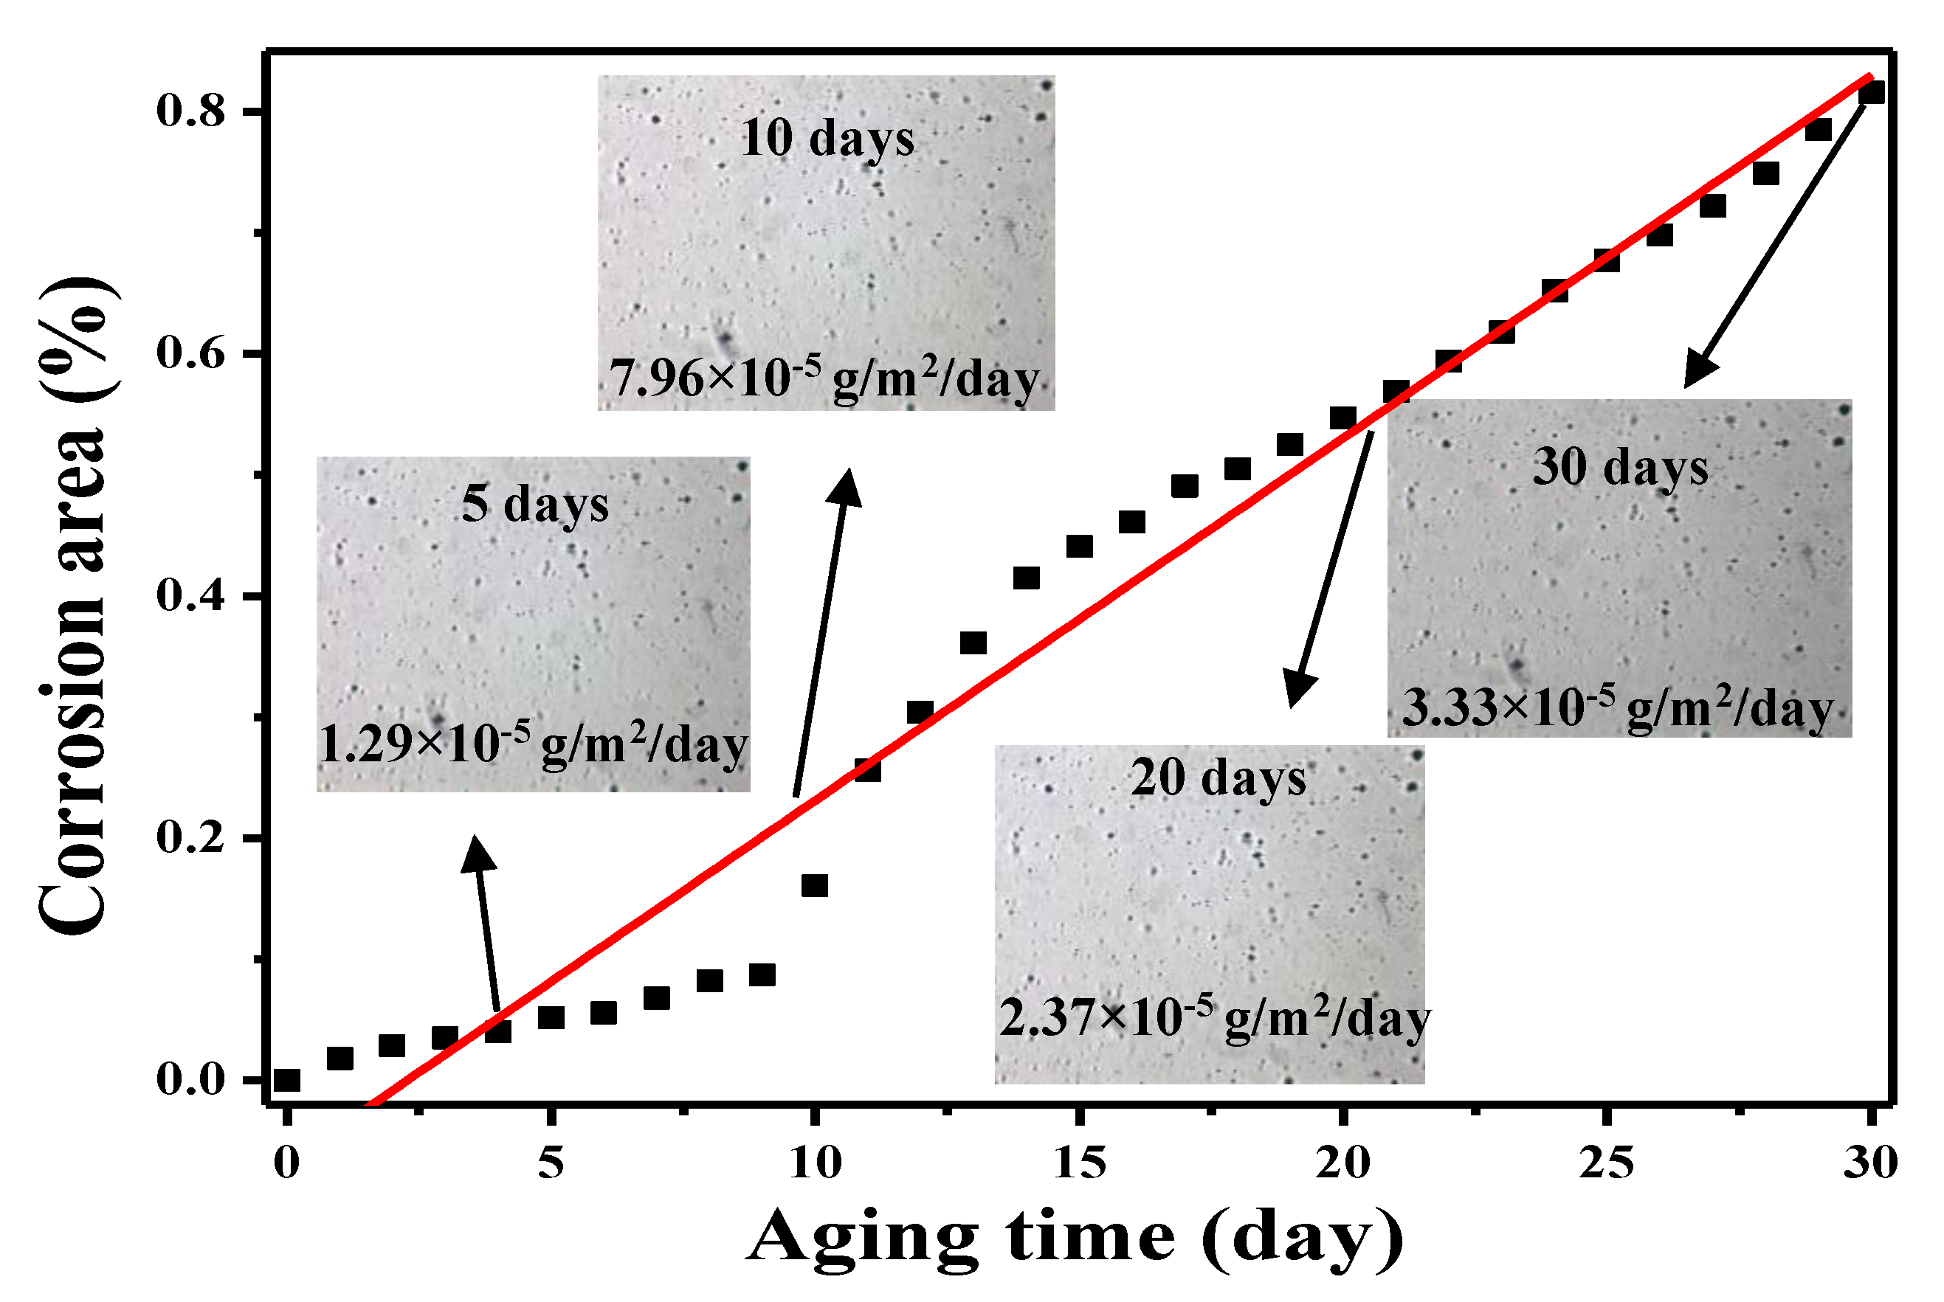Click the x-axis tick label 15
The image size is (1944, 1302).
[1079, 1163]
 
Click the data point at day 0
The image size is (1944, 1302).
[286, 1080]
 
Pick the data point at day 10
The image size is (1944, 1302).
[814, 886]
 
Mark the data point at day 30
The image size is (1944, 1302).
[1871, 91]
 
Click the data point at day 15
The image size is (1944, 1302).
[1079, 547]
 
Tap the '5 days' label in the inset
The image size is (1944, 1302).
[535, 504]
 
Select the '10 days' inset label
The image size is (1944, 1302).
[827, 138]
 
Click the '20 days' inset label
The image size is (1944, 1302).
[1218, 779]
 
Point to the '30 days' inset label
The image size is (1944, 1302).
[1620, 467]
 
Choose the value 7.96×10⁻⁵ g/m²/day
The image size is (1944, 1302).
[824, 378]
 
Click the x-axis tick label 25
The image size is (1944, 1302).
[1607, 1163]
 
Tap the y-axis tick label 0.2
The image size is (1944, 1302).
[190, 837]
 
